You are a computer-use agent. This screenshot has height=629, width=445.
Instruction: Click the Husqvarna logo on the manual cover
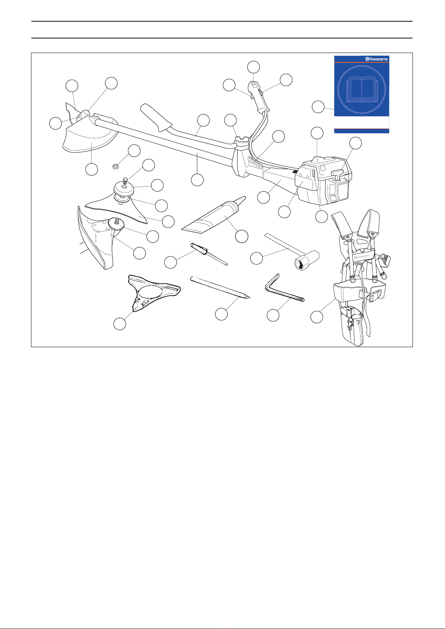(376, 59)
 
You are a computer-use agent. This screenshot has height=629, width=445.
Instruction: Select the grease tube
(214, 215)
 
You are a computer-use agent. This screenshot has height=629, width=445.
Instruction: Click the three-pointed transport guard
(153, 293)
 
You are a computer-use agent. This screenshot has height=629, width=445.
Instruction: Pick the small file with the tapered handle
(208, 253)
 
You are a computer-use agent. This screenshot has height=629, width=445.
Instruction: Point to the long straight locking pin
(220, 287)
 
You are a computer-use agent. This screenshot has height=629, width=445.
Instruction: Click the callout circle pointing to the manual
(318, 107)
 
